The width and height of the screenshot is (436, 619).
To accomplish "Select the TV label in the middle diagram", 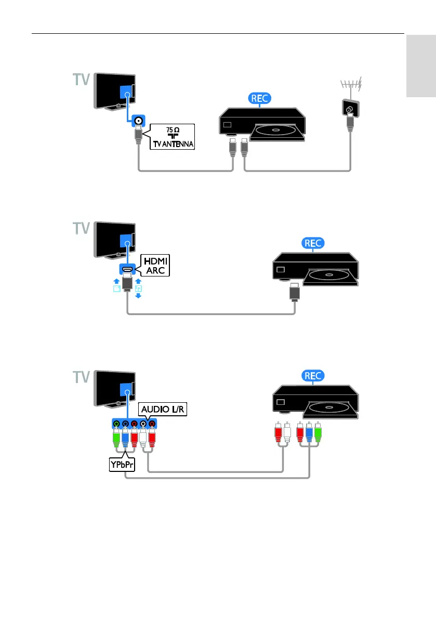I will [x=81, y=229].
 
